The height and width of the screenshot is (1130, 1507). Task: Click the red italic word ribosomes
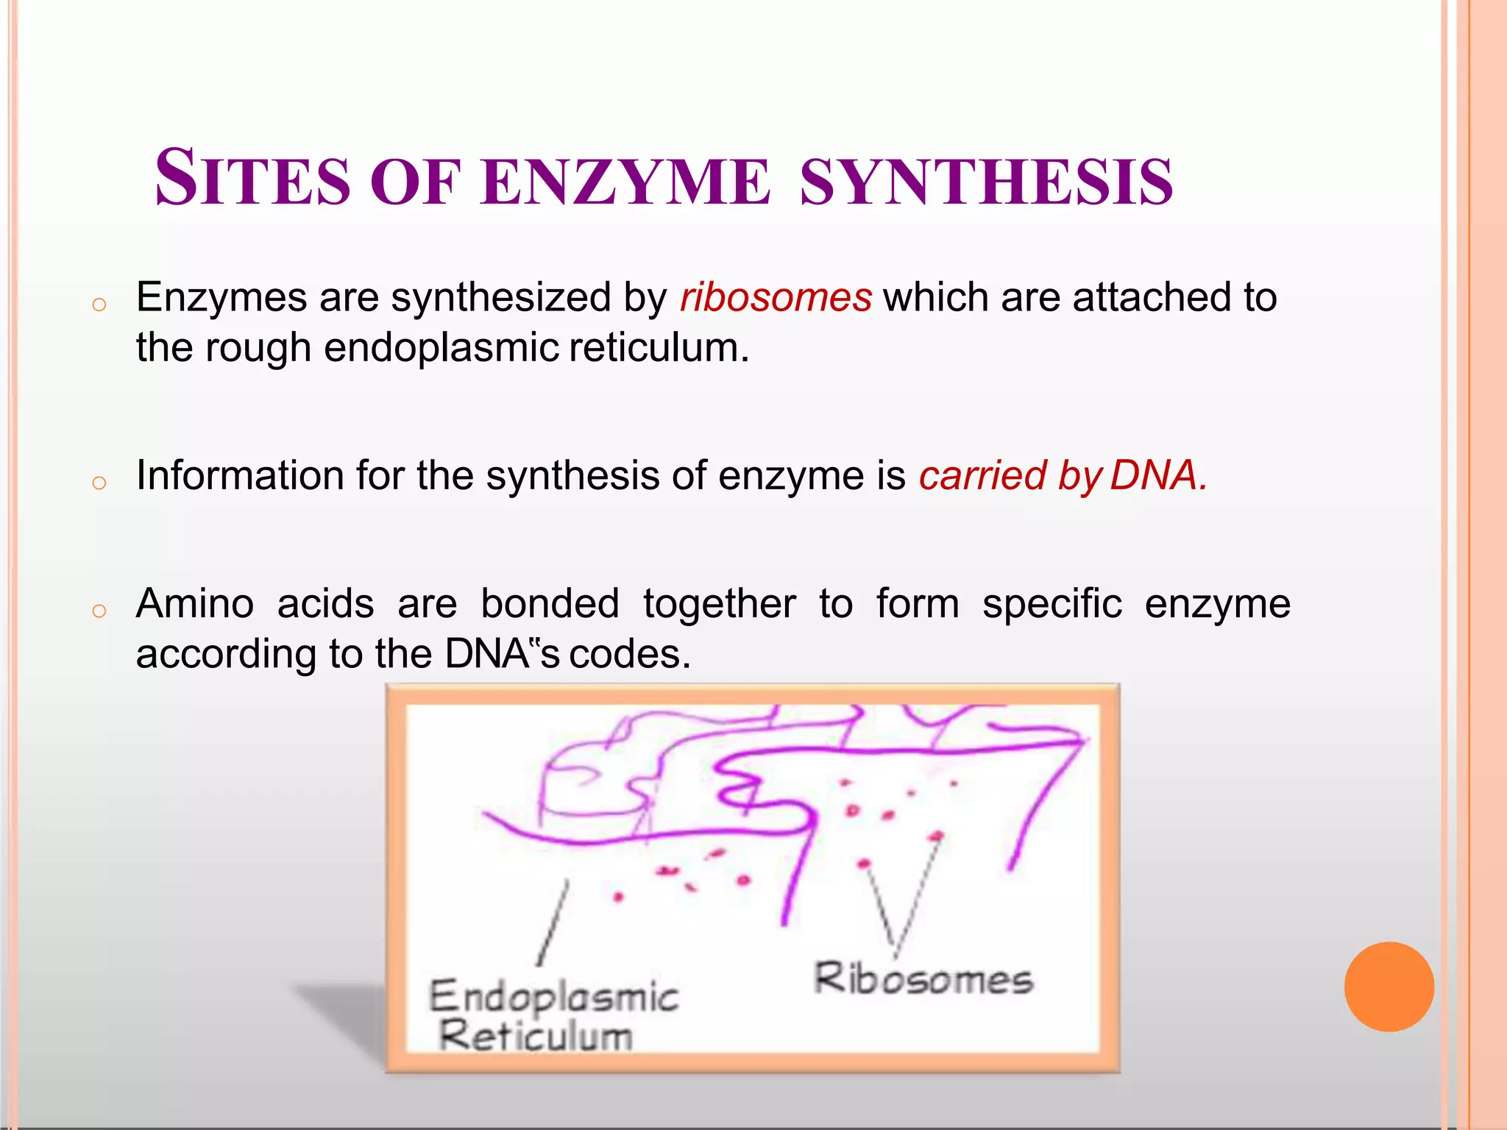point(776,298)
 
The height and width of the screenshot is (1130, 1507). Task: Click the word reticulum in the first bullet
point(659,347)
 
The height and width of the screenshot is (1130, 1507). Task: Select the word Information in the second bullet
point(240,475)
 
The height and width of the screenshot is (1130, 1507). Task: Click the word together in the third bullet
point(719,605)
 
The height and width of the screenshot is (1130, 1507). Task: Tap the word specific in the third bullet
point(1052,605)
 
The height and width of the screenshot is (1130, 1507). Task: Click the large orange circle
point(1389,987)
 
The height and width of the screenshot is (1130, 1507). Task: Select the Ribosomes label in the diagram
point(923,979)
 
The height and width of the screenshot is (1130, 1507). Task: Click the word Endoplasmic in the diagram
point(553,998)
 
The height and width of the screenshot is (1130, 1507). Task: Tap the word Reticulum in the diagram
point(536,1036)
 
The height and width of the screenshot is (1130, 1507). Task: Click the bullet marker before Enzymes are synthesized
point(99,304)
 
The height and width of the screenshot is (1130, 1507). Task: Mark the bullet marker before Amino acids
point(99,610)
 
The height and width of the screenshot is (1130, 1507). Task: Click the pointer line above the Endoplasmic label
point(553,923)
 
